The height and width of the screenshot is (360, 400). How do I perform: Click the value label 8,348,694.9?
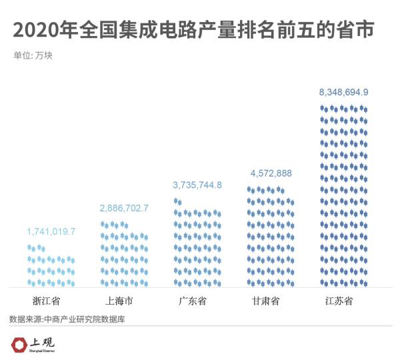pyautogui.click(x=343, y=92)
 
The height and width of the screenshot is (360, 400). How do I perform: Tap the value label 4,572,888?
pyautogui.click(x=271, y=174)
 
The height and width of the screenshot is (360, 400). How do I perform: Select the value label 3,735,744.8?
pyautogui.click(x=197, y=185)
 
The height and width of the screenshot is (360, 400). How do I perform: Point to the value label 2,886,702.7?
pyautogui.click(x=124, y=209)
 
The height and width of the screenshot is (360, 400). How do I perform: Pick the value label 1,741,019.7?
pyautogui.click(x=51, y=232)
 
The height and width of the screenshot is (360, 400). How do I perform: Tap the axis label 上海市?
pyautogui.click(x=124, y=301)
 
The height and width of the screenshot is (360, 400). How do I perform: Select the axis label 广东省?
pyautogui.click(x=197, y=301)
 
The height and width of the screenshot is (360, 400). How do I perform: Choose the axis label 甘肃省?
pyautogui.click(x=271, y=301)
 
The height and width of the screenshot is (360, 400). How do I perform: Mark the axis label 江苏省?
pyautogui.click(x=343, y=301)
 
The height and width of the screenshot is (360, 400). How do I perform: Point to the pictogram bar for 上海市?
pyautogui.click(x=124, y=253)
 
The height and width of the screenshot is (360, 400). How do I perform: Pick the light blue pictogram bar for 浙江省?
pyautogui.click(x=51, y=265)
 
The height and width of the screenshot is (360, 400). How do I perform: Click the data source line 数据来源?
pyautogui.click(x=67, y=319)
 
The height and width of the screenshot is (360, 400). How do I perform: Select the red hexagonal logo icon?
pyautogui.click(x=20, y=345)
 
